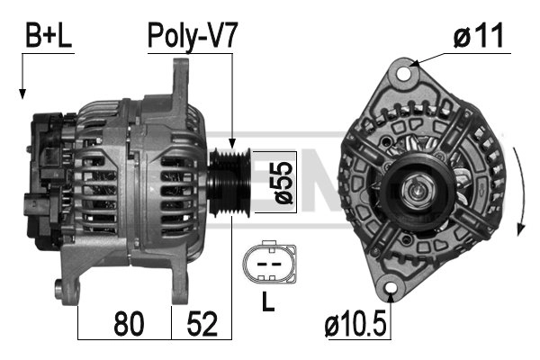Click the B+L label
point(49,35)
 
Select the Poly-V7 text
point(193,36)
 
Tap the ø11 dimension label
point(479,36)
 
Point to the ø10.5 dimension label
point(355,323)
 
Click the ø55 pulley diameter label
point(283,182)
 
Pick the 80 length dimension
point(129,323)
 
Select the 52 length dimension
point(202,323)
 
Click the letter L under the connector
point(268,301)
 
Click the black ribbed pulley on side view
point(229,182)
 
